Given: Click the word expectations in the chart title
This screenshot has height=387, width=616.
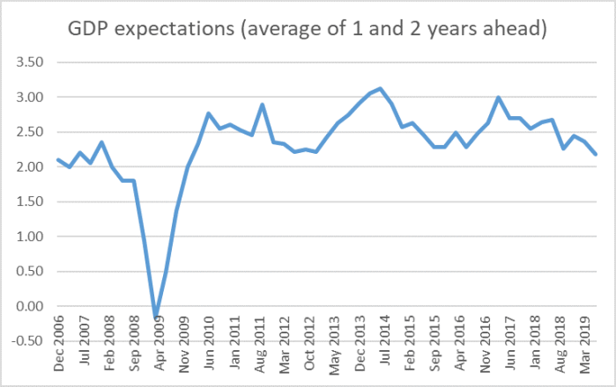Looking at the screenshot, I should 174,32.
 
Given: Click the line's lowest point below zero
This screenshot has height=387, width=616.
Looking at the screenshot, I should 155,317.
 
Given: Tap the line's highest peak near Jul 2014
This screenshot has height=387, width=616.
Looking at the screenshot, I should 380,89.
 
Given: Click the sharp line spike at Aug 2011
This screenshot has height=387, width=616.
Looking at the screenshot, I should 263,105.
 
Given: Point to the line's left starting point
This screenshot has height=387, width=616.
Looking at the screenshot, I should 58,160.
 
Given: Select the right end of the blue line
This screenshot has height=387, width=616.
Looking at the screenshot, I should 596,155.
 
